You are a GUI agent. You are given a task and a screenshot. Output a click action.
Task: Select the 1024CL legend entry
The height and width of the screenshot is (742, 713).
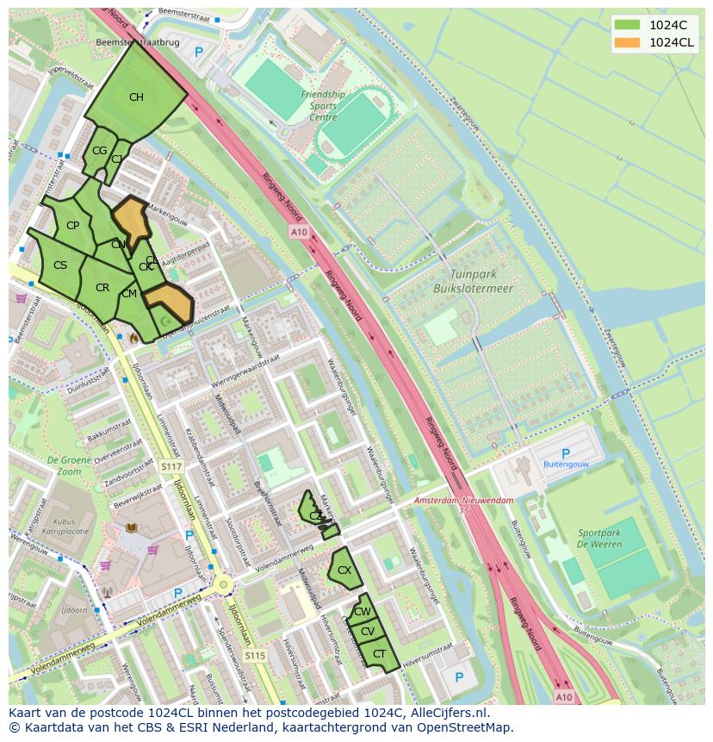654,42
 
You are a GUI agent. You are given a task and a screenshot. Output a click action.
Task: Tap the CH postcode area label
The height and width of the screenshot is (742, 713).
136,97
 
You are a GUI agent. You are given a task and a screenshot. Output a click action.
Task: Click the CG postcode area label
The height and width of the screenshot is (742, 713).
99,151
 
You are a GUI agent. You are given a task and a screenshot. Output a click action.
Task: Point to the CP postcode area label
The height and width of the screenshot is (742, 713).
72,226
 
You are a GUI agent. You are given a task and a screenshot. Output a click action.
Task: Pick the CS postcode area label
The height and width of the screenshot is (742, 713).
60,265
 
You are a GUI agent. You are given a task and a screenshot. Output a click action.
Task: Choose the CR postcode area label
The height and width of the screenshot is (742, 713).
102,288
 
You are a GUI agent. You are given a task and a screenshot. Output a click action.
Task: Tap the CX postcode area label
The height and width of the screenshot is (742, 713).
344,571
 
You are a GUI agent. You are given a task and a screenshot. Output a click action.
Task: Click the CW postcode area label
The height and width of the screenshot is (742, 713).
363,612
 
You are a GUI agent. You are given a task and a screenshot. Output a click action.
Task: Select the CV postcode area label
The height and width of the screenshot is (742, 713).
368,632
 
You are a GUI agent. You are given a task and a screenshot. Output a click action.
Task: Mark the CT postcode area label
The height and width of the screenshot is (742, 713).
379,654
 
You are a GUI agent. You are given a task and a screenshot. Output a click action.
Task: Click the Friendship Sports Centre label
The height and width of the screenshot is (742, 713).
323,106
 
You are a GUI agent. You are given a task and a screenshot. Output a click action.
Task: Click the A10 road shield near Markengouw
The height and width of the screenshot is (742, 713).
299,233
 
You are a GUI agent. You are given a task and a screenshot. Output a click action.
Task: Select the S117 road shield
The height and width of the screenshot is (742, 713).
171,466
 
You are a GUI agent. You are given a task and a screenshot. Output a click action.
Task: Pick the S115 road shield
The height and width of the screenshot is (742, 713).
254,656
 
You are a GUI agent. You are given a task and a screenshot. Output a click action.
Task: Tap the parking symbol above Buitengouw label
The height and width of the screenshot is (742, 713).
565,453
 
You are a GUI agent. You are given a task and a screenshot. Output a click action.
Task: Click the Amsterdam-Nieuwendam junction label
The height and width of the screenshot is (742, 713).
462,501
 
